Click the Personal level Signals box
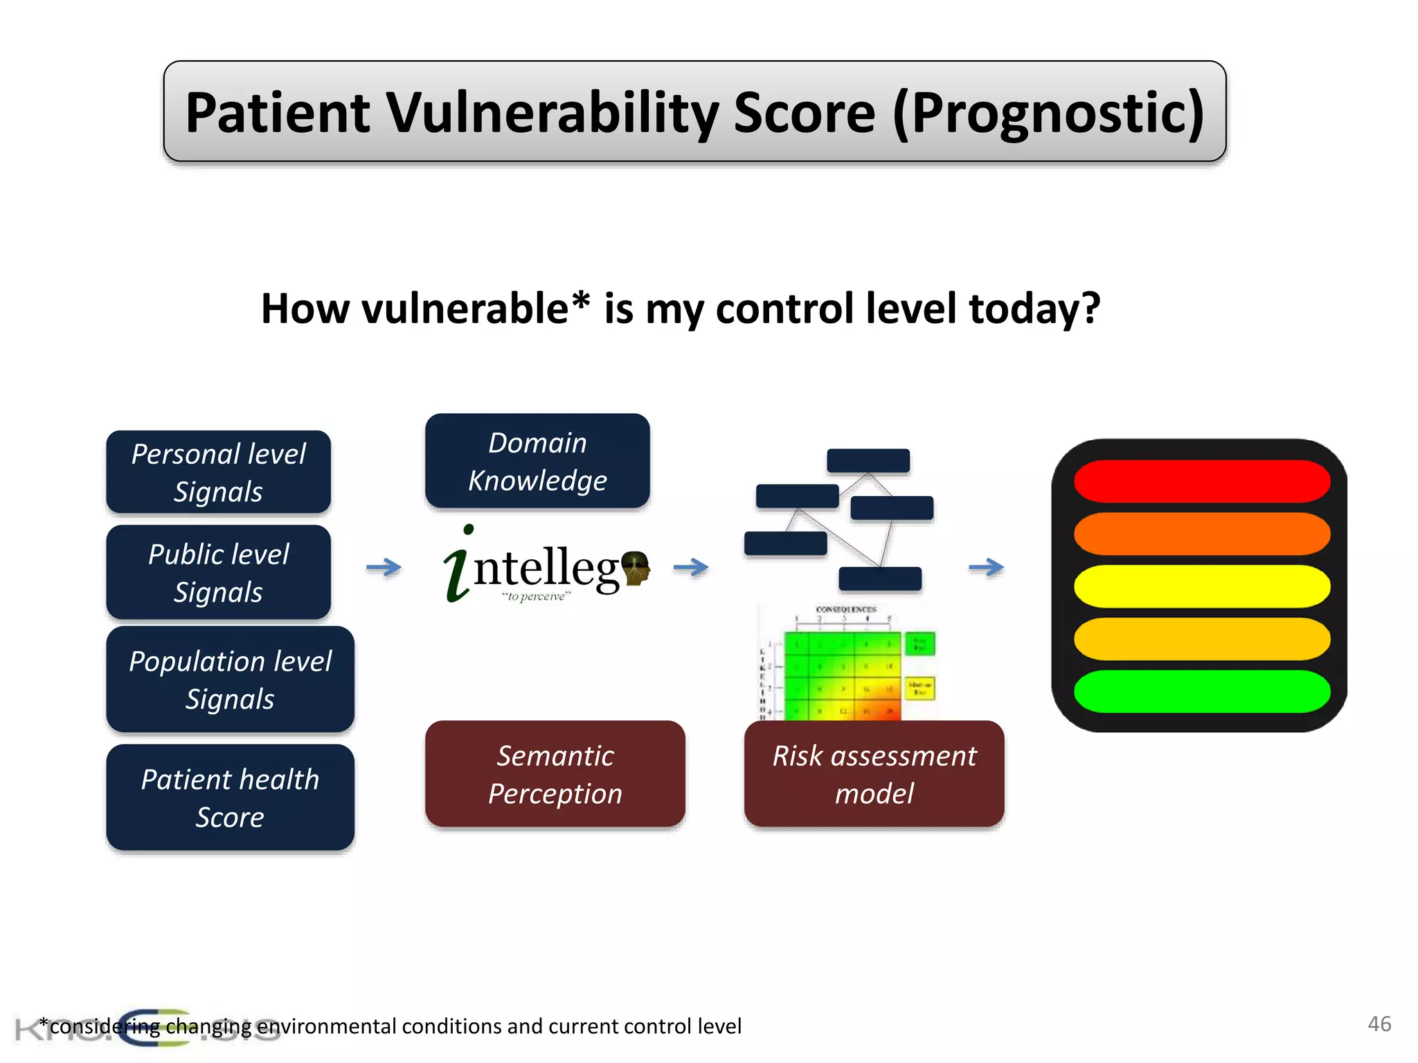tap(218, 472)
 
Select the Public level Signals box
tap(218, 572)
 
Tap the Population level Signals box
tap(230, 679)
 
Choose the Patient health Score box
tap(230, 797)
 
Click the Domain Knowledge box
tap(537, 461)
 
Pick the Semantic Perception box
tap(555, 774)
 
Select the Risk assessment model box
tap(874, 774)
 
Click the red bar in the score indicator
tap(1201, 481)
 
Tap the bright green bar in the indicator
tap(1201, 691)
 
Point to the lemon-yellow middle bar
tap(1201, 586)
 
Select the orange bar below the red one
tap(1201, 534)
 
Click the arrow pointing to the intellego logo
tap(384, 567)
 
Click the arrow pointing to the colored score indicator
tap(986, 567)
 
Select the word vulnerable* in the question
tap(476, 309)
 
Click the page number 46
tap(1379, 1024)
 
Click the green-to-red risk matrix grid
tap(842, 675)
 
